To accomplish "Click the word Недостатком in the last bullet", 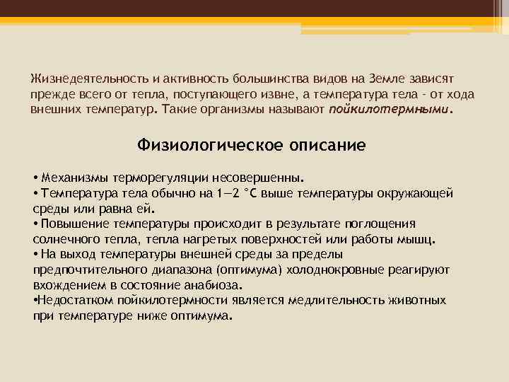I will pos(72,301).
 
